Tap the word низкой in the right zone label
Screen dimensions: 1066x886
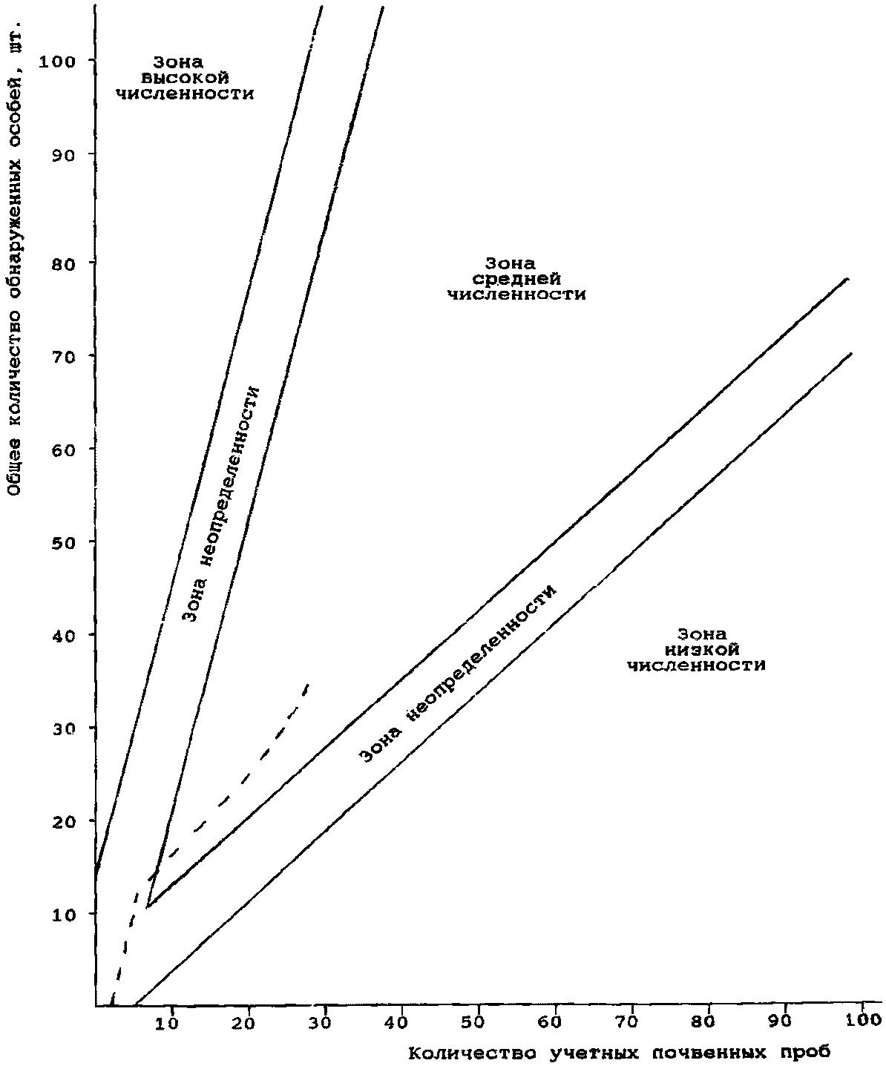coord(696,649)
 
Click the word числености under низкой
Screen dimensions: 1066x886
coord(696,665)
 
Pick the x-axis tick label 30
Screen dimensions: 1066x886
coord(324,1022)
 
